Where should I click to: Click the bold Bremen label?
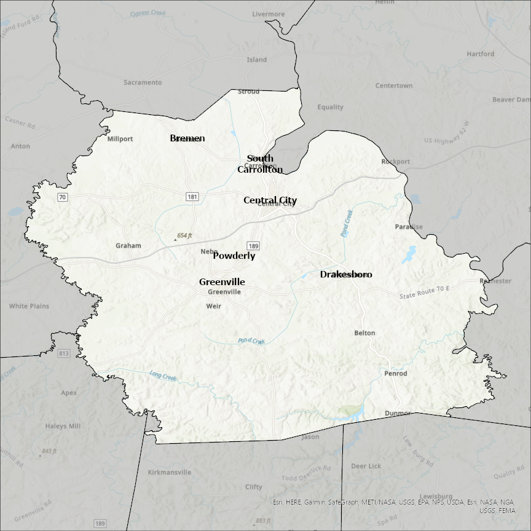pyautogui.click(x=187, y=138)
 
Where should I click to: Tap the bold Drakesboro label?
pyautogui.click(x=346, y=275)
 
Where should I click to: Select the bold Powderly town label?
pyautogui.click(x=234, y=256)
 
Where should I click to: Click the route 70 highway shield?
pyautogui.click(x=62, y=197)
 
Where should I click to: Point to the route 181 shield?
pyautogui.click(x=193, y=197)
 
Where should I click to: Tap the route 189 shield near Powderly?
pyautogui.click(x=254, y=246)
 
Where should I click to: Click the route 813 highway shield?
pyautogui.click(x=64, y=353)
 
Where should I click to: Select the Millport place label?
pyautogui.click(x=120, y=139)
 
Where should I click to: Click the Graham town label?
pyautogui.click(x=128, y=246)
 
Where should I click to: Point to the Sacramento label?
pyautogui.click(x=143, y=82)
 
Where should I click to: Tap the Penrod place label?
pyautogui.click(x=395, y=373)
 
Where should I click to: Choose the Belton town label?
pyautogui.click(x=364, y=333)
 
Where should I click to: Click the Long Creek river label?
pyautogui.click(x=163, y=375)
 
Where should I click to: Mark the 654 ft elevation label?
pyautogui.click(x=184, y=236)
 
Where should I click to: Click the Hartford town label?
pyautogui.click(x=480, y=54)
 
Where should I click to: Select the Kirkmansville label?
pyautogui.click(x=170, y=473)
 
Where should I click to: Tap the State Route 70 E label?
pyautogui.click(x=424, y=293)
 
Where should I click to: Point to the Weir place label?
pyautogui.click(x=213, y=306)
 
